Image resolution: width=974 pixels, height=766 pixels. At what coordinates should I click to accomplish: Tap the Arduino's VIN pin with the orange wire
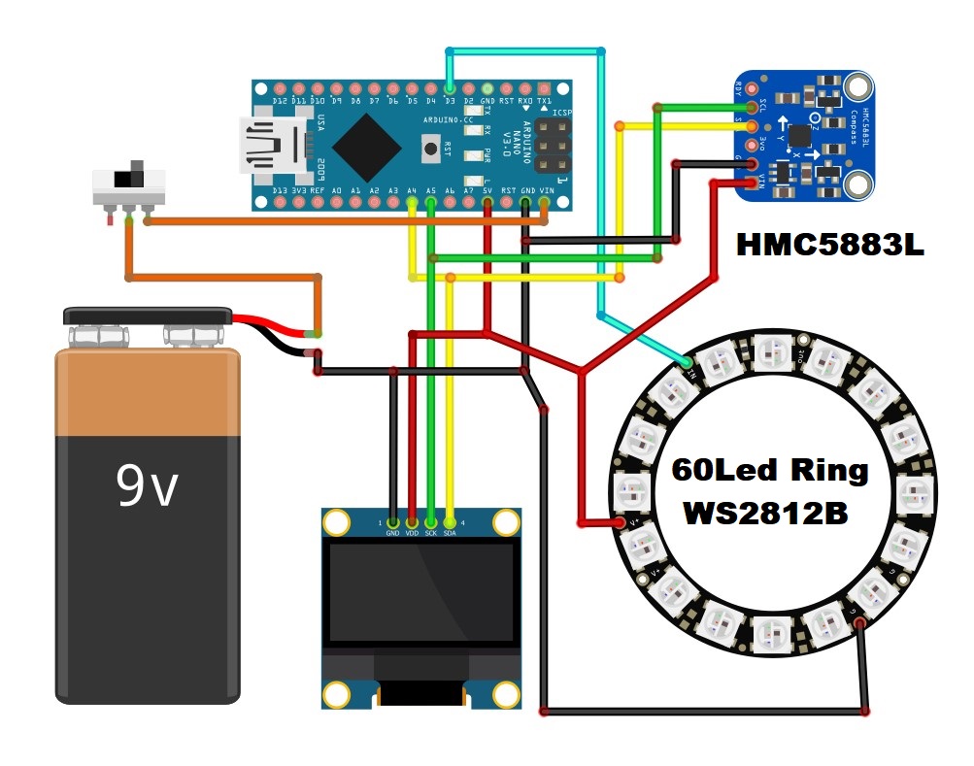tap(544, 203)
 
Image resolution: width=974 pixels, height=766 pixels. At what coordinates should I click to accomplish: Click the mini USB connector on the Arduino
tap(264, 147)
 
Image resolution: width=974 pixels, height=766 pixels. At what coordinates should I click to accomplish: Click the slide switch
tap(130, 184)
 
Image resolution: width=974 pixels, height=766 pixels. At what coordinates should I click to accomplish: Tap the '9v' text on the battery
tap(147, 485)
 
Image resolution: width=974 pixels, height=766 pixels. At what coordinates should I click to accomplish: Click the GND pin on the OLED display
tap(392, 522)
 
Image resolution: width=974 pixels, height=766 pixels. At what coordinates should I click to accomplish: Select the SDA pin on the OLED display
tap(450, 522)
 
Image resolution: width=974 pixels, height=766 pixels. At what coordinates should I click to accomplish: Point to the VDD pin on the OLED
tap(412, 522)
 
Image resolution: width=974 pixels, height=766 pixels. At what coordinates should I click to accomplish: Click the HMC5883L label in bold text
tap(829, 244)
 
